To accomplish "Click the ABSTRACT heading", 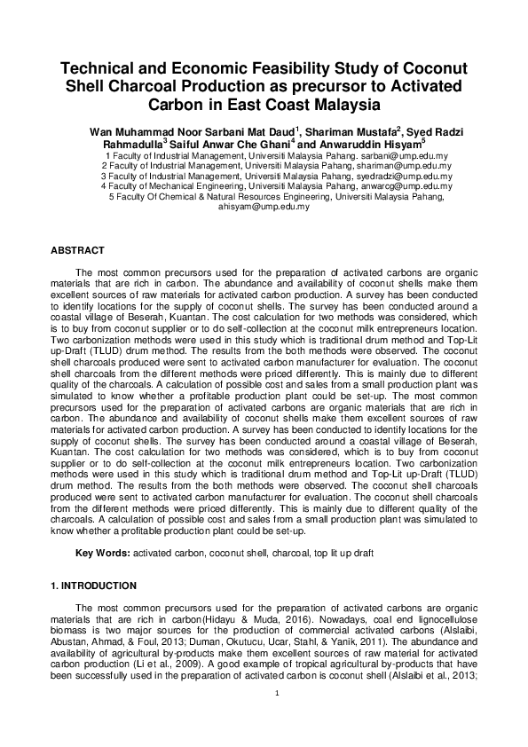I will tap(77, 251).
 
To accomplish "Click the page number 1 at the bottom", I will tap(277, 694).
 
